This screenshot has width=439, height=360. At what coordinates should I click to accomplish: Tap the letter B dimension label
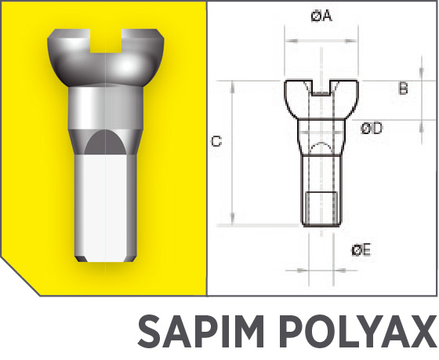tap(403, 89)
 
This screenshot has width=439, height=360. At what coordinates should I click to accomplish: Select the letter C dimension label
tap(217, 142)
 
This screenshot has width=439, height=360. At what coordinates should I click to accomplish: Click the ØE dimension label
tap(361, 250)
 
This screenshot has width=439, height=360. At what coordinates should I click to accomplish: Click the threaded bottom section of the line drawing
tap(321, 209)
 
